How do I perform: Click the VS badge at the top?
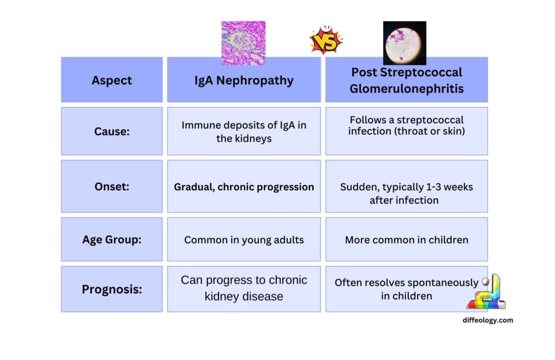coord(326,41)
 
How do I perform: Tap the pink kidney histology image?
coord(243,42)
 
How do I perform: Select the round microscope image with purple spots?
coord(404,42)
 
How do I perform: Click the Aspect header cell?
coord(112,80)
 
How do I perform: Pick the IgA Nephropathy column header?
coord(244,80)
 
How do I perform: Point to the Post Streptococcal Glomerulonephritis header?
coord(406,80)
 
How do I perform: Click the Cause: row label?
coord(112,131)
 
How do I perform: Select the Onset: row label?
coord(112,187)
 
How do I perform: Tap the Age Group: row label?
coord(112,239)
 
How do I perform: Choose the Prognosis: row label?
coord(112,289)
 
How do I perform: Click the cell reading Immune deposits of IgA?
coord(244,131)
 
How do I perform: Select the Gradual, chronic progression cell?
coord(244,187)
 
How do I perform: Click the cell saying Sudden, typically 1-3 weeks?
coord(406,193)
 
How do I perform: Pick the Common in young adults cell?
coord(244,239)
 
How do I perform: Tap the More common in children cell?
coord(406,239)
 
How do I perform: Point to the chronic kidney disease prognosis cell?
coord(244,288)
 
